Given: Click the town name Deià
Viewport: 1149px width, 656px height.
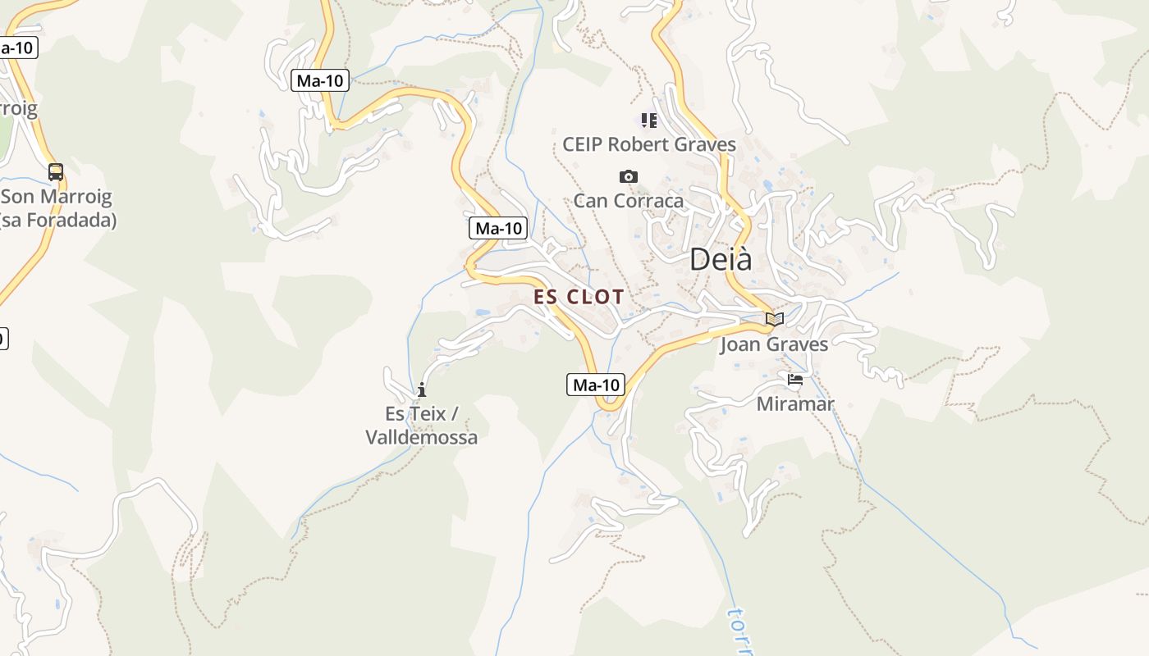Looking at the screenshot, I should click(721, 259).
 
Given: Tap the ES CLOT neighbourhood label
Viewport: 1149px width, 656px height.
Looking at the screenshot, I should click(579, 297).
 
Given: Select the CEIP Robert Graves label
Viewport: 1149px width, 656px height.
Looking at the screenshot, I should click(648, 145).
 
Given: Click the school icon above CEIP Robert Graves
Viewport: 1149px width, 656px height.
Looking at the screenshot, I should click(649, 121).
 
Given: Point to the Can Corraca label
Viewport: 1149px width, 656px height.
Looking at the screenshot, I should click(628, 201).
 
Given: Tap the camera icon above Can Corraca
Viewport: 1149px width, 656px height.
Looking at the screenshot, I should click(629, 176).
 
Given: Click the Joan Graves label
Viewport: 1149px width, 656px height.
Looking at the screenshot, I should click(774, 344).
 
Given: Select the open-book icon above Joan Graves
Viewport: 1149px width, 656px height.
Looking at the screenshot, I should click(774, 319).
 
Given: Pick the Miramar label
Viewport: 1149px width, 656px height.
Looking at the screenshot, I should click(794, 404).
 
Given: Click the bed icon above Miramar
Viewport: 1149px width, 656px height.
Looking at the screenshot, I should click(794, 380).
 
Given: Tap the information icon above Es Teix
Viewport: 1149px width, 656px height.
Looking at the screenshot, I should click(422, 389).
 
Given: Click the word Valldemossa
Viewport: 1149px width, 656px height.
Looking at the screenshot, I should click(421, 437).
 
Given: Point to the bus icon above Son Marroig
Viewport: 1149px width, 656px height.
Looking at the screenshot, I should click(56, 172).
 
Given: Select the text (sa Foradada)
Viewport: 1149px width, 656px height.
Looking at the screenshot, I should click(57, 221).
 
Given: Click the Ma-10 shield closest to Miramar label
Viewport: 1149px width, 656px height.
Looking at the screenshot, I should click(595, 385).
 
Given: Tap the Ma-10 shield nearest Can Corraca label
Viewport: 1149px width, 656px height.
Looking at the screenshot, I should click(498, 228).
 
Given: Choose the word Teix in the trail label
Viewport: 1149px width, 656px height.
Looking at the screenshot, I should click(428, 414).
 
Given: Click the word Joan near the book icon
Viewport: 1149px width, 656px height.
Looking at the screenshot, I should click(740, 344).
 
